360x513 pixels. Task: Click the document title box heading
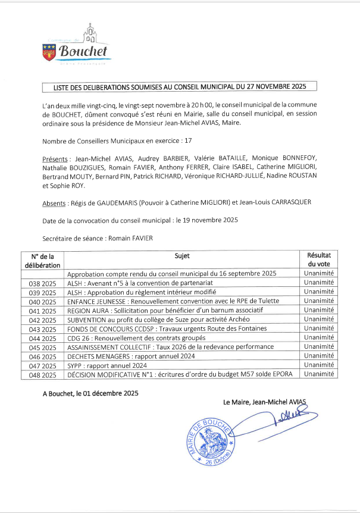click(179, 87)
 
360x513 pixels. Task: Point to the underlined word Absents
click(54, 203)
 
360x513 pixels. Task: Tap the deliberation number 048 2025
click(42, 375)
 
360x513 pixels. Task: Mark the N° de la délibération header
click(42, 260)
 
